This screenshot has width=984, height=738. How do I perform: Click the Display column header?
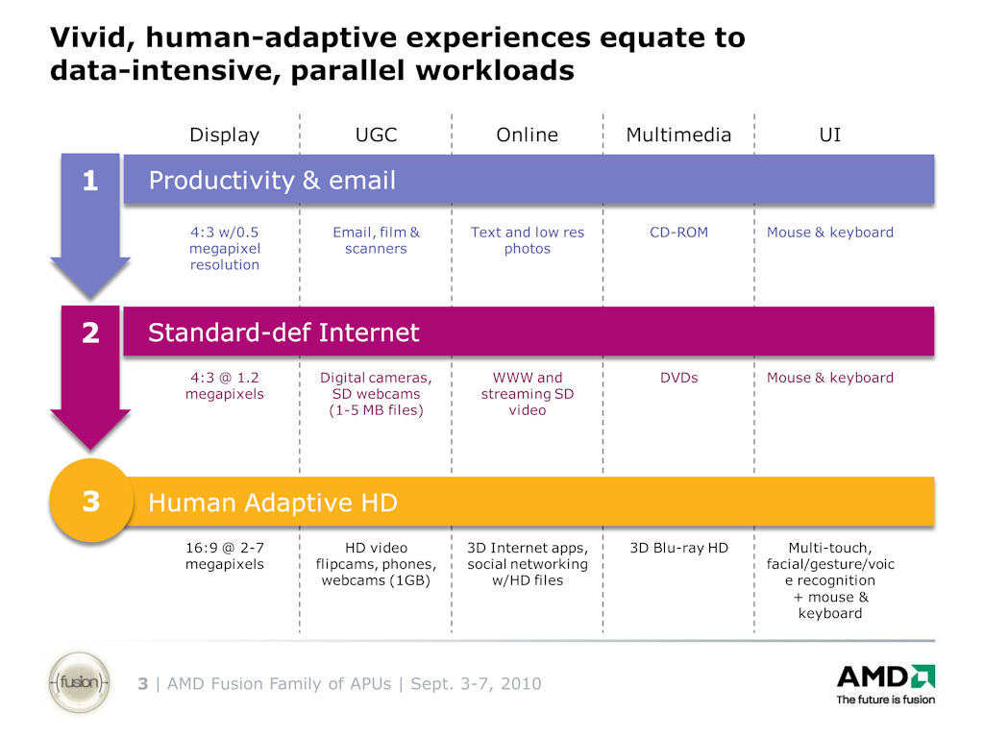(x=224, y=135)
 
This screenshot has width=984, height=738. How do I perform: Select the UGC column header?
(x=376, y=135)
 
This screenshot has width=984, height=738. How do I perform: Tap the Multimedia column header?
(x=678, y=135)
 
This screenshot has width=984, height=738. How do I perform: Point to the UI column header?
(x=829, y=135)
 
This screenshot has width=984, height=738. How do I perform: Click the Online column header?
(x=527, y=135)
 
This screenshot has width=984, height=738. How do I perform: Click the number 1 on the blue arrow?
(x=90, y=181)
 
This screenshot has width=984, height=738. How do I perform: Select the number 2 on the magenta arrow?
(x=90, y=332)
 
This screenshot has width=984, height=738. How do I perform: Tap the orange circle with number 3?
(x=90, y=502)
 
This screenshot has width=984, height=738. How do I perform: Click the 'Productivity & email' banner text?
(x=272, y=181)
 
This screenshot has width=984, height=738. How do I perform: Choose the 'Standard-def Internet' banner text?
(x=283, y=332)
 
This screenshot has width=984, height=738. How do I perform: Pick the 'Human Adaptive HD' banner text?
(x=273, y=503)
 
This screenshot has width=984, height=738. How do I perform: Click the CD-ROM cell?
(x=678, y=233)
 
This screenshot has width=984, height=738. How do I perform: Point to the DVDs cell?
(x=678, y=378)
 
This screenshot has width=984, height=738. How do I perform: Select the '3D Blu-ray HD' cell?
(x=678, y=548)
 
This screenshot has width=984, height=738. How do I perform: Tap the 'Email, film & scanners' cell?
(x=376, y=240)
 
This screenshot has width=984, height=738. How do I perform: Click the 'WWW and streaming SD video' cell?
(x=527, y=394)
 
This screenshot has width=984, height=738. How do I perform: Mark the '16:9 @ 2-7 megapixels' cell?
(x=224, y=555)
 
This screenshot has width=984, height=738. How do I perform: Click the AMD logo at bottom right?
(x=885, y=682)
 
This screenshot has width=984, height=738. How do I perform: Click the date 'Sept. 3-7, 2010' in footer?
(x=476, y=684)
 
